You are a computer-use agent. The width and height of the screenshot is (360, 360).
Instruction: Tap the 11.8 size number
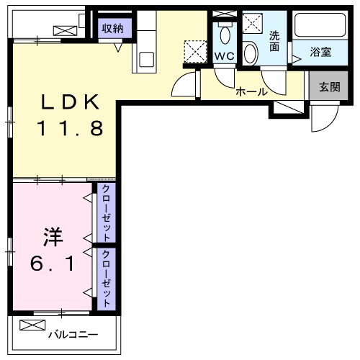[70, 128]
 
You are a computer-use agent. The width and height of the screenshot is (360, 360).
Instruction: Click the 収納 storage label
[112, 28]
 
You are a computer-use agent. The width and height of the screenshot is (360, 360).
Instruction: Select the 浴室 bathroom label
[320, 52]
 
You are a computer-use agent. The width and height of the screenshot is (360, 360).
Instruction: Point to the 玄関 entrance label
[329, 87]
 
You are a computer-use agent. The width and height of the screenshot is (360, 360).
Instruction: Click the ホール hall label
[251, 91]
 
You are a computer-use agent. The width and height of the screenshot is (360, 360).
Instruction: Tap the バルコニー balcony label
[72, 333]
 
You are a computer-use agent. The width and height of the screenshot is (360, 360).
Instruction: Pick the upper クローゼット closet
[106, 213]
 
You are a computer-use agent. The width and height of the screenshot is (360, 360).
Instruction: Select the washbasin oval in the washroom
[251, 52]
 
